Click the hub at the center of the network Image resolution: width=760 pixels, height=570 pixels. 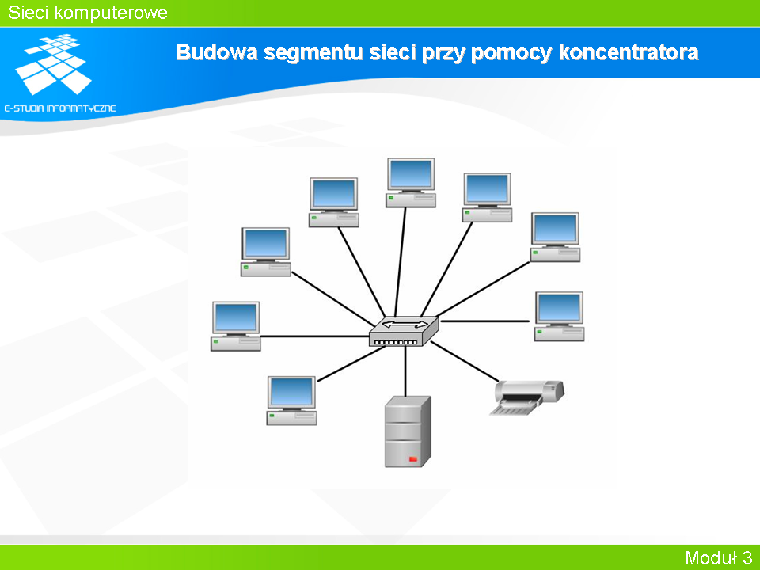[404, 332]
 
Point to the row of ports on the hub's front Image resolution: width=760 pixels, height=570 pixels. [396, 342]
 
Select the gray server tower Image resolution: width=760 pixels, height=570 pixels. [408, 431]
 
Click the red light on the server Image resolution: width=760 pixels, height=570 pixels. [413, 458]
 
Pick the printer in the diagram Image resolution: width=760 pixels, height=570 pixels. [527, 397]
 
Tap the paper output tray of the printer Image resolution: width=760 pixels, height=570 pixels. [514, 410]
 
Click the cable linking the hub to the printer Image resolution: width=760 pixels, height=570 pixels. [465, 361]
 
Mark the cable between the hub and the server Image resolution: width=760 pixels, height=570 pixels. [405, 371]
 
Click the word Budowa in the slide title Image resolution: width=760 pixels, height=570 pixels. [216, 52]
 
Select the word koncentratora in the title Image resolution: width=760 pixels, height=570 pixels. [629, 52]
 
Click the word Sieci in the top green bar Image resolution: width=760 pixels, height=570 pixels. [28, 13]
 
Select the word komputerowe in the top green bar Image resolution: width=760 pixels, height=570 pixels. [111, 13]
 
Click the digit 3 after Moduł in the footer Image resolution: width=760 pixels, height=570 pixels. [747, 557]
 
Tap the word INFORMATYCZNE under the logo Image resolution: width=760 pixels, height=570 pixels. [81, 108]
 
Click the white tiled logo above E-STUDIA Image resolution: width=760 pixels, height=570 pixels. [54, 64]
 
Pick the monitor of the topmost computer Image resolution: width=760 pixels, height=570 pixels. [411, 174]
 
